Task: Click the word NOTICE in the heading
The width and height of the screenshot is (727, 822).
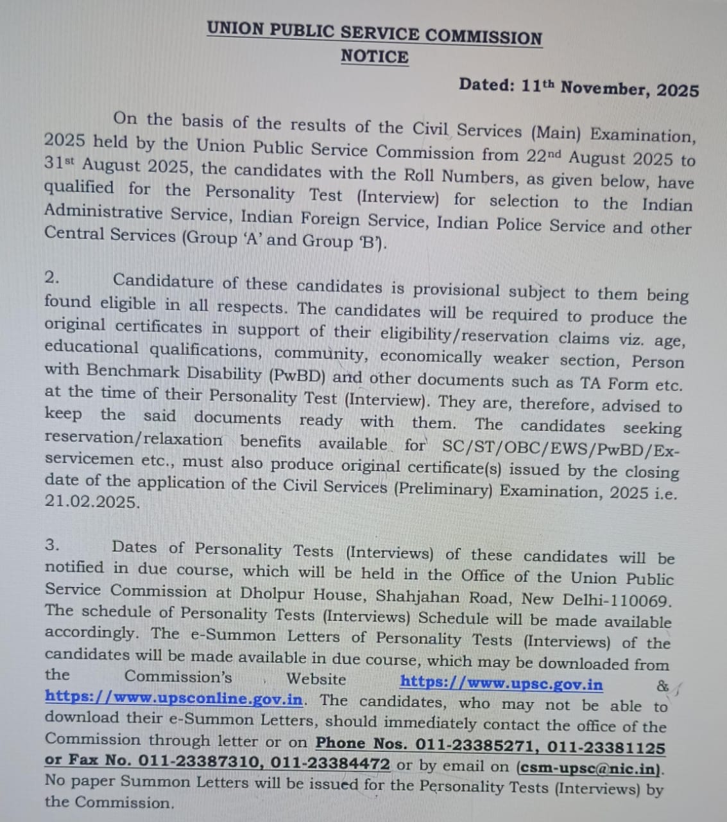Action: point(375,57)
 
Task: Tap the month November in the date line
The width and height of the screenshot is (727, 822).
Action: point(604,87)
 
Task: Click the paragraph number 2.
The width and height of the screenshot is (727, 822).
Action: point(52,277)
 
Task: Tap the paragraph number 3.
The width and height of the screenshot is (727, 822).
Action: point(52,545)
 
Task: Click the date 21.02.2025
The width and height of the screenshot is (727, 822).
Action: point(92,502)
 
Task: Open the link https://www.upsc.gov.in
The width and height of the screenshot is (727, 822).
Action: point(501,683)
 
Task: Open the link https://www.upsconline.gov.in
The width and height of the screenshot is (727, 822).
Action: point(173,697)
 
